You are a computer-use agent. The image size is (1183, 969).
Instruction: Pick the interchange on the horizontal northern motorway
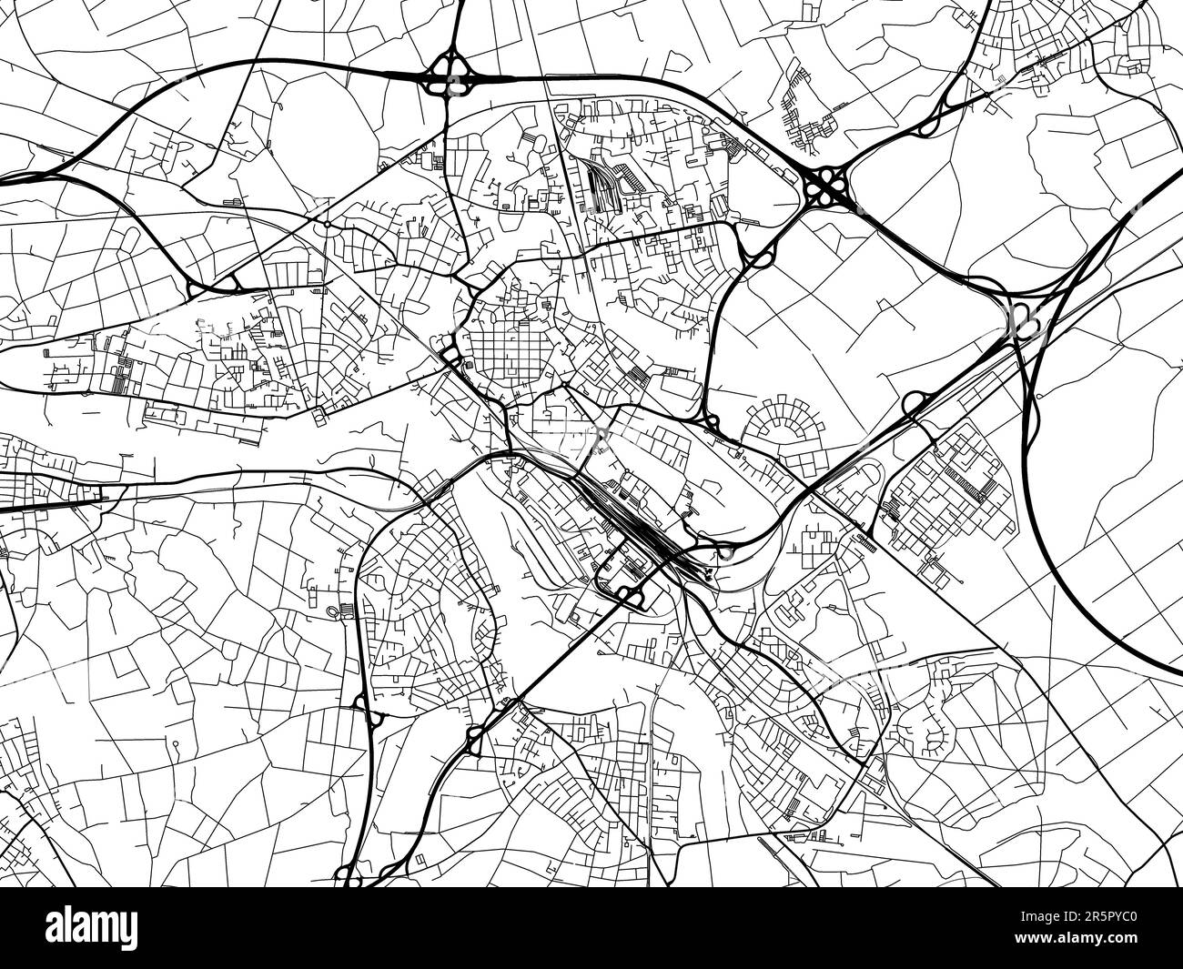(x=449, y=75)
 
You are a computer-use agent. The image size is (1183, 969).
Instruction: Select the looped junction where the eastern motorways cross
(x=1025, y=318)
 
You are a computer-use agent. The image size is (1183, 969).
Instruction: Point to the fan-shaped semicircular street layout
(x=774, y=428)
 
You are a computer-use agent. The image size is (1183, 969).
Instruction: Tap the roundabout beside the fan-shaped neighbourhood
(x=713, y=420)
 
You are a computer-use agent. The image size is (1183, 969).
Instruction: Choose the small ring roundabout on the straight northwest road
(x=326, y=223)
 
